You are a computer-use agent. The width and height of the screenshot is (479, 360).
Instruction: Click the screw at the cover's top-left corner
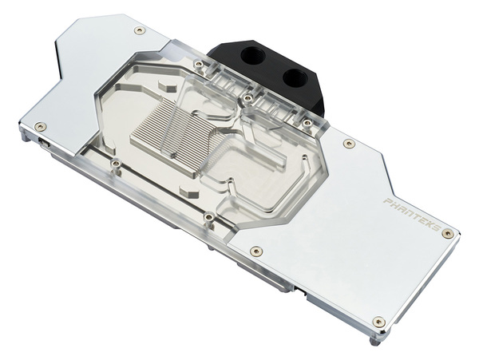[140, 30]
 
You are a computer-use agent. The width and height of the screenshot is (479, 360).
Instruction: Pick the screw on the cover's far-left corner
[40, 125]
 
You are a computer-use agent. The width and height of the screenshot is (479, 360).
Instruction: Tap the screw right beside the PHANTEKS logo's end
[447, 233]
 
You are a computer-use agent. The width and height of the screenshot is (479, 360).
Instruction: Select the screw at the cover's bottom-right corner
[378, 322]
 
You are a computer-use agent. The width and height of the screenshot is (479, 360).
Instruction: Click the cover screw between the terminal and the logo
[348, 144]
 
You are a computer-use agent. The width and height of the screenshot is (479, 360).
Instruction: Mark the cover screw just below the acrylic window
[256, 251]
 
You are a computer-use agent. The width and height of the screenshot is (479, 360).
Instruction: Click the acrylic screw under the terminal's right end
[307, 122]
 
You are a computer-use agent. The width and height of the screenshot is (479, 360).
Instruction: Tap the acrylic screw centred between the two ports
[248, 98]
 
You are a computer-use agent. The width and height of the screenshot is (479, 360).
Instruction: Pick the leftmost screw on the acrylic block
[116, 164]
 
